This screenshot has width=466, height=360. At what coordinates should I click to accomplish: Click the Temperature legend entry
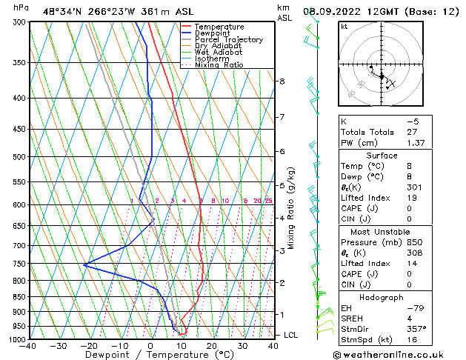219,27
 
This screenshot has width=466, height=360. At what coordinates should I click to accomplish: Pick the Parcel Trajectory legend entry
228,40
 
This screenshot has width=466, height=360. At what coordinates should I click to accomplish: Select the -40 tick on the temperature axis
29,346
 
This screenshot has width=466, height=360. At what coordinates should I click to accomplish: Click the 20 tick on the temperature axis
212,346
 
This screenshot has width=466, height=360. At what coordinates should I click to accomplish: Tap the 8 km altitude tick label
282,81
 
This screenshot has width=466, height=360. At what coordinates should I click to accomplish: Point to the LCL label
291,336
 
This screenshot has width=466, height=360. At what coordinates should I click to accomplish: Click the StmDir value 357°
416,328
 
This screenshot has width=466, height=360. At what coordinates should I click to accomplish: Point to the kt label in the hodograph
344,27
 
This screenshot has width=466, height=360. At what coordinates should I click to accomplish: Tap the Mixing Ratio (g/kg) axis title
291,207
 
